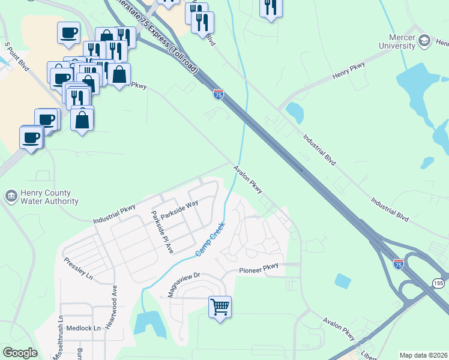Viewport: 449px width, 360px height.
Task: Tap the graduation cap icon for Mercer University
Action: point(425,41)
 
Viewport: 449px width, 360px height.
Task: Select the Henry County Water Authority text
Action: point(46,197)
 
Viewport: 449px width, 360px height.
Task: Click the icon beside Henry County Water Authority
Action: point(10,197)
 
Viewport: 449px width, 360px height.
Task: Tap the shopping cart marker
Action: point(220,307)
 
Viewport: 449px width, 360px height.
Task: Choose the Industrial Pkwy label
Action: point(115,214)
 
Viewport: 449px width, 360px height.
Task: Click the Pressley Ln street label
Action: point(79,269)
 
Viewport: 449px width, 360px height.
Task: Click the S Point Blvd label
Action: point(17,57)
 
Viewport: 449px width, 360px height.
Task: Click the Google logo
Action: point(20,353)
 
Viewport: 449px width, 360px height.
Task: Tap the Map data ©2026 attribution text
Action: point(423,355)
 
